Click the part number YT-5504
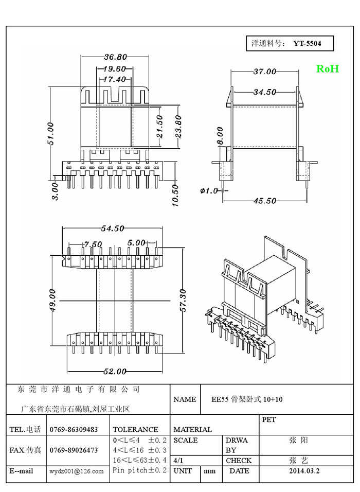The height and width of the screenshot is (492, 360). tap(307, 44)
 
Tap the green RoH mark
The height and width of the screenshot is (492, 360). tap(327, 69)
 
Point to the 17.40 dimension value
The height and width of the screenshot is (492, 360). tap(114, 79)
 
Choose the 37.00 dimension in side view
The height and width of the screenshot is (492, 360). tap(264, 72)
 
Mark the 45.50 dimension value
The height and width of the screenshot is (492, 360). tap(264, 201)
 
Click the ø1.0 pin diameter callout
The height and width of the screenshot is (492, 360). tap(209, 190)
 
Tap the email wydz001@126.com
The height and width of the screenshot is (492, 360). tap(77, 471)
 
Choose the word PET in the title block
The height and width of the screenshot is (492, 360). tap(269, 420)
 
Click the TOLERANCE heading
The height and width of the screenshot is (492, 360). tap(135, 429)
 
